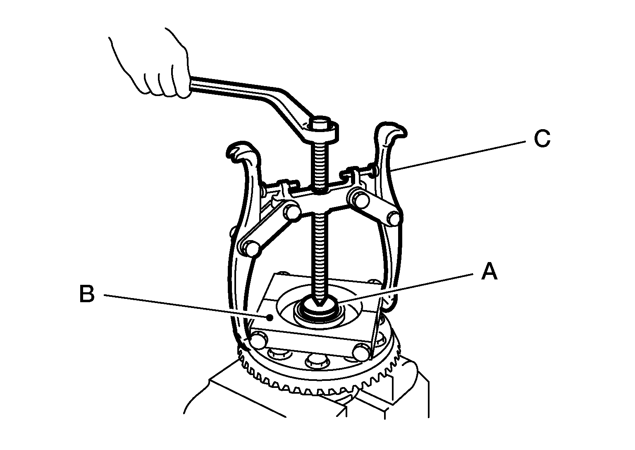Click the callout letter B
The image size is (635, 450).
87,294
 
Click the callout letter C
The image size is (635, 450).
542,139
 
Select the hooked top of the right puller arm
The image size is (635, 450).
391,133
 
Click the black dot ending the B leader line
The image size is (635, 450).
271,318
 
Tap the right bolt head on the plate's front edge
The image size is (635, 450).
361,351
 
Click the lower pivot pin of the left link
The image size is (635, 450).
252,248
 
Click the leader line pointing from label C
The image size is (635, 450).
458,156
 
